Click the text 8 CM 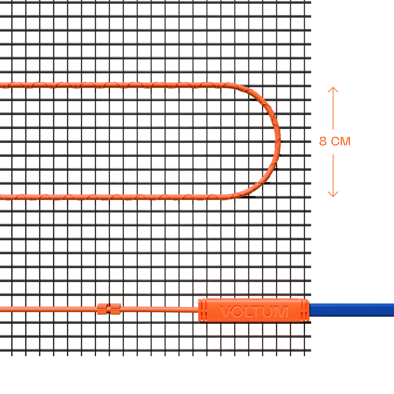[335, 141]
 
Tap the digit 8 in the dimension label [323, 141]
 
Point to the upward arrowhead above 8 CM [333, 90]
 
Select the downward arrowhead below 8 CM [333, 194]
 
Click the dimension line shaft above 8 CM [333, 108]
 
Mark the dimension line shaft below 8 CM [333, 175]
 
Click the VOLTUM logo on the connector [254, 312]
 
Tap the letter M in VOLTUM [282, 312]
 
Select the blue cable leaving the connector [352, 310]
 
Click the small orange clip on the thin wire [109, 309]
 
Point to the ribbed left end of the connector [202, 310]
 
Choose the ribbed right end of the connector [305, 310]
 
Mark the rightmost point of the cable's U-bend [280, 141]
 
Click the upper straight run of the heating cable [113, 85]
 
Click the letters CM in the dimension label [341, 141]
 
